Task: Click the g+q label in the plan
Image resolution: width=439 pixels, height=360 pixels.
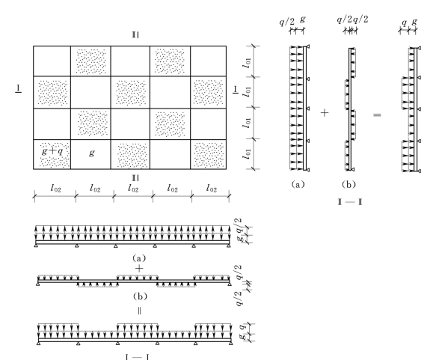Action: pyautogui.click(x=52, y=151)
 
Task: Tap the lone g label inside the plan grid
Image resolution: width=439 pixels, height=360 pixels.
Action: pyautogui.click(x=91, y=153)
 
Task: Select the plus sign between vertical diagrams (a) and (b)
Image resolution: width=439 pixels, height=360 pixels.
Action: pyautogui.click(x=325, y=113)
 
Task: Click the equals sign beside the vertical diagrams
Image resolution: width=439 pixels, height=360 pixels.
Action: pyautogui.click(x=377, y=115)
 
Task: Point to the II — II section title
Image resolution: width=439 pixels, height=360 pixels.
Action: pyautogui.click(x=350, y=202)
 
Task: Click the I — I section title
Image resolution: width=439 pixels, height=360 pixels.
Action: pyautogui.click(x=137, y=357)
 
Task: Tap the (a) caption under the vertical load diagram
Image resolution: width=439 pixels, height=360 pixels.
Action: pyautogui.click(x=298, y=184)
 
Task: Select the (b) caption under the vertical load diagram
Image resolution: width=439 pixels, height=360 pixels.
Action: pyautogui.click(x=349, y=184)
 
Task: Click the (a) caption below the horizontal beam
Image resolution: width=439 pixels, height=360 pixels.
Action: pyautogui.click(x=139, y=257)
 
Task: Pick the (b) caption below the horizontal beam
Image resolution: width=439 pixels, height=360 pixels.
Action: pyautogui.click(x=140, y=296)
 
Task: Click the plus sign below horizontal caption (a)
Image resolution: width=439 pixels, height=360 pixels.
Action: pyautogui.click(x=139, y=269)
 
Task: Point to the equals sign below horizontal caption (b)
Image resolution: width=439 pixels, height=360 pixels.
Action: pyautogui.click(x=139, y=311)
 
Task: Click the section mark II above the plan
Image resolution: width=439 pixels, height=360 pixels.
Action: pyautogui.click(x=135, y=35)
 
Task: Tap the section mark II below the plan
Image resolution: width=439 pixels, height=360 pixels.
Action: pyautogui.click(x=135, y=178)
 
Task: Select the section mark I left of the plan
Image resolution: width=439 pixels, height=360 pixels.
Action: pyautogui.click(x=19, y=89)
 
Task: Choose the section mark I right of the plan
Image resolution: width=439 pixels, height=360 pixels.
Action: pyautogui.click(x=236, y=90)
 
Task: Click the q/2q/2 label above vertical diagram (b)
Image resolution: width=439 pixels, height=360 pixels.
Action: pyautogui.click(x=352, y=19)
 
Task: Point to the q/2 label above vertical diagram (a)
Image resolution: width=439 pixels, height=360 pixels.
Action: pyautogui.click(x=287, y=22)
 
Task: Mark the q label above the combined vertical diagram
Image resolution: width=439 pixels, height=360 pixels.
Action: pyautogui.click(x=404, y=22)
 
